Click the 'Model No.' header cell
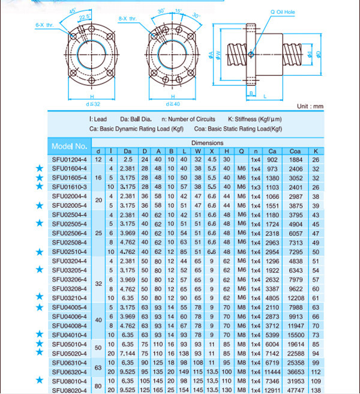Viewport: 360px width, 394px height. coord(70,146)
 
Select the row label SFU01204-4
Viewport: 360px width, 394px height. coord(70,159)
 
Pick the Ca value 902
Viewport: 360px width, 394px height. coord(272,159)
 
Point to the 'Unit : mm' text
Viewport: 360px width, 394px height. coord(310,106)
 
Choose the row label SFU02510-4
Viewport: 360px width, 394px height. coord(70,251)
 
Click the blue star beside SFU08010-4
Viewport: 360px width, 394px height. coord(40,380)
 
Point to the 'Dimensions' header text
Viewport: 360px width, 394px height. coord(207,143)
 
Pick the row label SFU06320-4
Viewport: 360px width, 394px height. coord(70,371)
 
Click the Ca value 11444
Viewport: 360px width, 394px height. coord(272,371)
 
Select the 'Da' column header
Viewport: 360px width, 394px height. coord(127,151)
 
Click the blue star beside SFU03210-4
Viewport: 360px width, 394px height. coord(40,297)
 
